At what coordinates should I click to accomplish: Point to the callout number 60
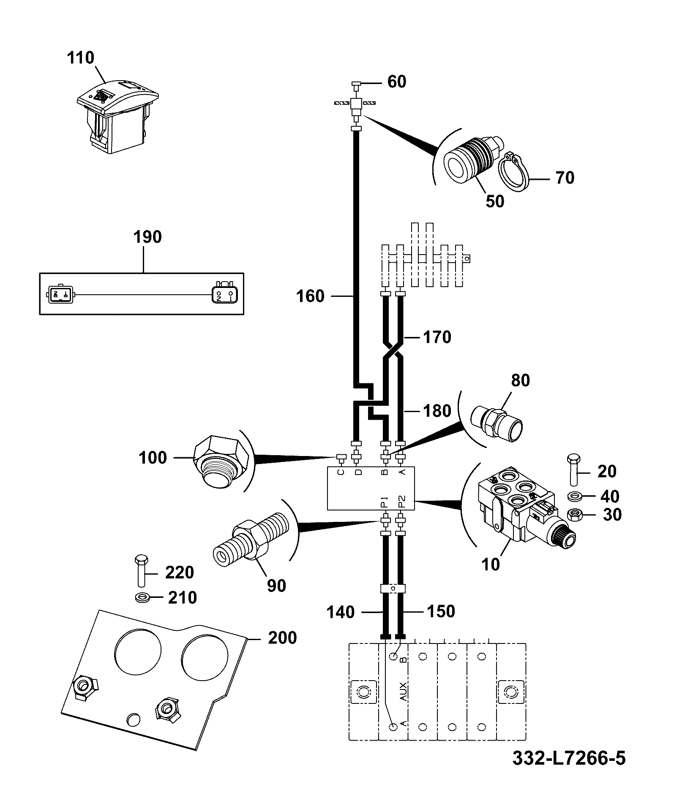(x=397, y=81)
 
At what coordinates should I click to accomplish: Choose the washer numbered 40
(x=575, y=496)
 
